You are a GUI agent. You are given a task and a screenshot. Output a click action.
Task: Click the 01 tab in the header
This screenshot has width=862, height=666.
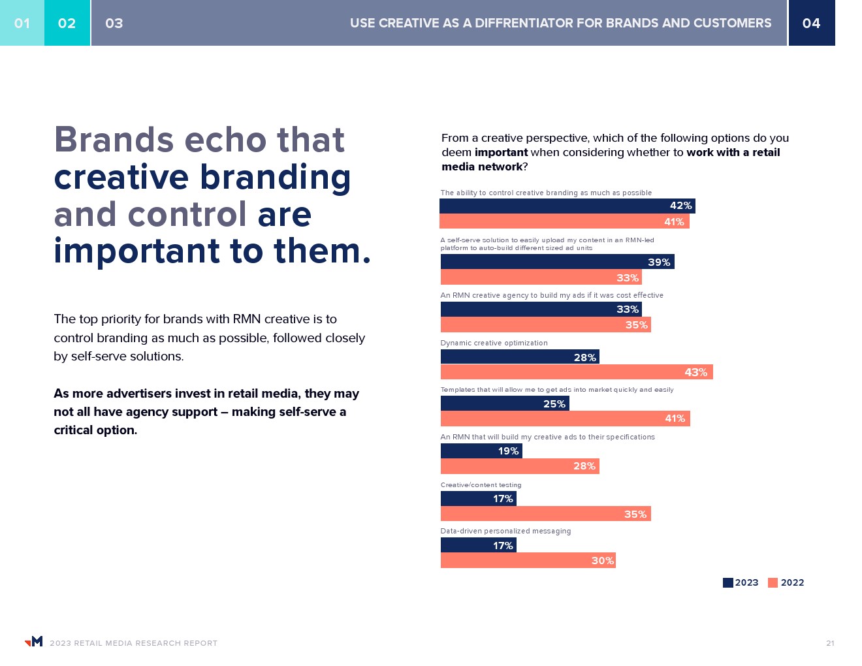click(x=22, y=23)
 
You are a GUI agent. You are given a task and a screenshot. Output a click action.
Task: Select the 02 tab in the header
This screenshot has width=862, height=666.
click(x=67, y=23)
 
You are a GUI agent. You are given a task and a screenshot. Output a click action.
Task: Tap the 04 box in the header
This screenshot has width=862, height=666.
click(x=811, y=23)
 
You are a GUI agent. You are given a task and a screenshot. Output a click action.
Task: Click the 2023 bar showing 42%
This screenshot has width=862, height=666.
click(x=567, y=206)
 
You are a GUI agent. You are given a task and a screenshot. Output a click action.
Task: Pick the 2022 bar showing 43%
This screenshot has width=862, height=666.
click(x=576, y=372)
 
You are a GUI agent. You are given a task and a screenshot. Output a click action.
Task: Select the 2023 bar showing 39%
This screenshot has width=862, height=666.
click(x=557, y=262)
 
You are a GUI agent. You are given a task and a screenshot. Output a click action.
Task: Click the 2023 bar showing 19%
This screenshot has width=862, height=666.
click(x=481, y=451)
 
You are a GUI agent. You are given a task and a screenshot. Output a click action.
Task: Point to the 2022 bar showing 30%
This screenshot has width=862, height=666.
click(x=528, y=560)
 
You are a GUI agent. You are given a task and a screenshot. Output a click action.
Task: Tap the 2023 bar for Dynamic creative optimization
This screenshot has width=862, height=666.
click(x=519, y=357)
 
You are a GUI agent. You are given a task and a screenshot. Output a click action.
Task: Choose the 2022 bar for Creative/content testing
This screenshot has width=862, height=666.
click(x=545, y=514)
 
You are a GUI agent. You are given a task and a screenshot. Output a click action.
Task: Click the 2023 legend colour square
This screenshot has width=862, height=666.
click(x=727, y=583)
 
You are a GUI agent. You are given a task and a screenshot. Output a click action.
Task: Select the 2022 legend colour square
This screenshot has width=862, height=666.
click(x=773, y=583)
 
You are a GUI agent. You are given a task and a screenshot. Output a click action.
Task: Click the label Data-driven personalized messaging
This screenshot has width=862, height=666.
click(x=505, y=531)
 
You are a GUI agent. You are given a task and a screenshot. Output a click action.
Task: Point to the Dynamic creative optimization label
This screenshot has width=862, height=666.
click(x=494, y=343)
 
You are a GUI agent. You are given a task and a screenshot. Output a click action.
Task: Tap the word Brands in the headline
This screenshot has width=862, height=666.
click(x=114, y=140)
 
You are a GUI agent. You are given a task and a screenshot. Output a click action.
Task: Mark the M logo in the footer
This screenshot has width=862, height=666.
click(x=34, y=641)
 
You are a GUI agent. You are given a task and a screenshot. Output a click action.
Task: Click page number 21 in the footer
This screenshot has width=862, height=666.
click(x=830, y=643)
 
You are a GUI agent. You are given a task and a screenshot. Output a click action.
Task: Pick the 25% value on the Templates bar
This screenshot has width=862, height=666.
click(x=554, y=404)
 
